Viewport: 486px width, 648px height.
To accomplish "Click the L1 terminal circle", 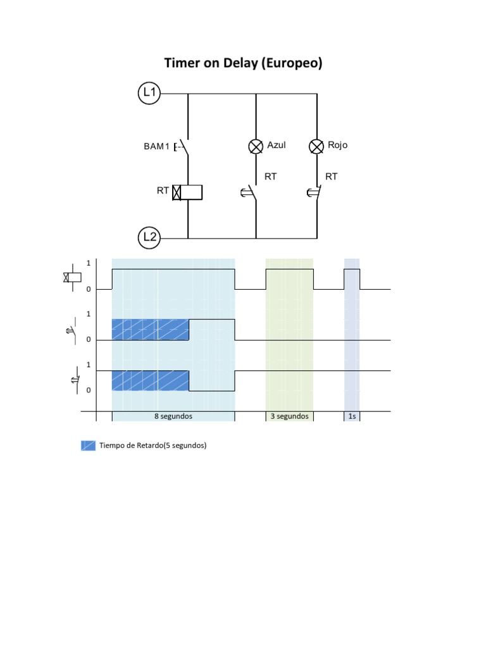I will [149, 94].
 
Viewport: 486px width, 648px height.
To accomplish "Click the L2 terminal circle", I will [149, 238].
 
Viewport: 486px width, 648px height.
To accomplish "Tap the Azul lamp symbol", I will [256, 147].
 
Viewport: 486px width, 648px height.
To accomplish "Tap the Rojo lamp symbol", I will [316, 147].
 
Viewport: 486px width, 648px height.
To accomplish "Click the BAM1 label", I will [156, 147].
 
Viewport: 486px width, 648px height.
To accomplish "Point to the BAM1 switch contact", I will [184, 147].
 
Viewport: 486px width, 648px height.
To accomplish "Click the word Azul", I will [277, 145].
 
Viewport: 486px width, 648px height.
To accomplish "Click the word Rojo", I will [337, 145].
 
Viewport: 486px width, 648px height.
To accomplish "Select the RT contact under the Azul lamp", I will [252, 192].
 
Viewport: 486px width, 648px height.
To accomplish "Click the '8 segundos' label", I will [173, 416].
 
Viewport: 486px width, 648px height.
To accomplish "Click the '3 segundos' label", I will [289, 416].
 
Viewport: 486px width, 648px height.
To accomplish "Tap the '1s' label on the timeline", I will [352, 416].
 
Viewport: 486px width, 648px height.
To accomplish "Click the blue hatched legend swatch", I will [88, 445].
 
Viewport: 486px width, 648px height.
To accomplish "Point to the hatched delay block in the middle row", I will [151, 330].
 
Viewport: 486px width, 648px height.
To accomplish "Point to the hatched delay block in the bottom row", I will [151, 380].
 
